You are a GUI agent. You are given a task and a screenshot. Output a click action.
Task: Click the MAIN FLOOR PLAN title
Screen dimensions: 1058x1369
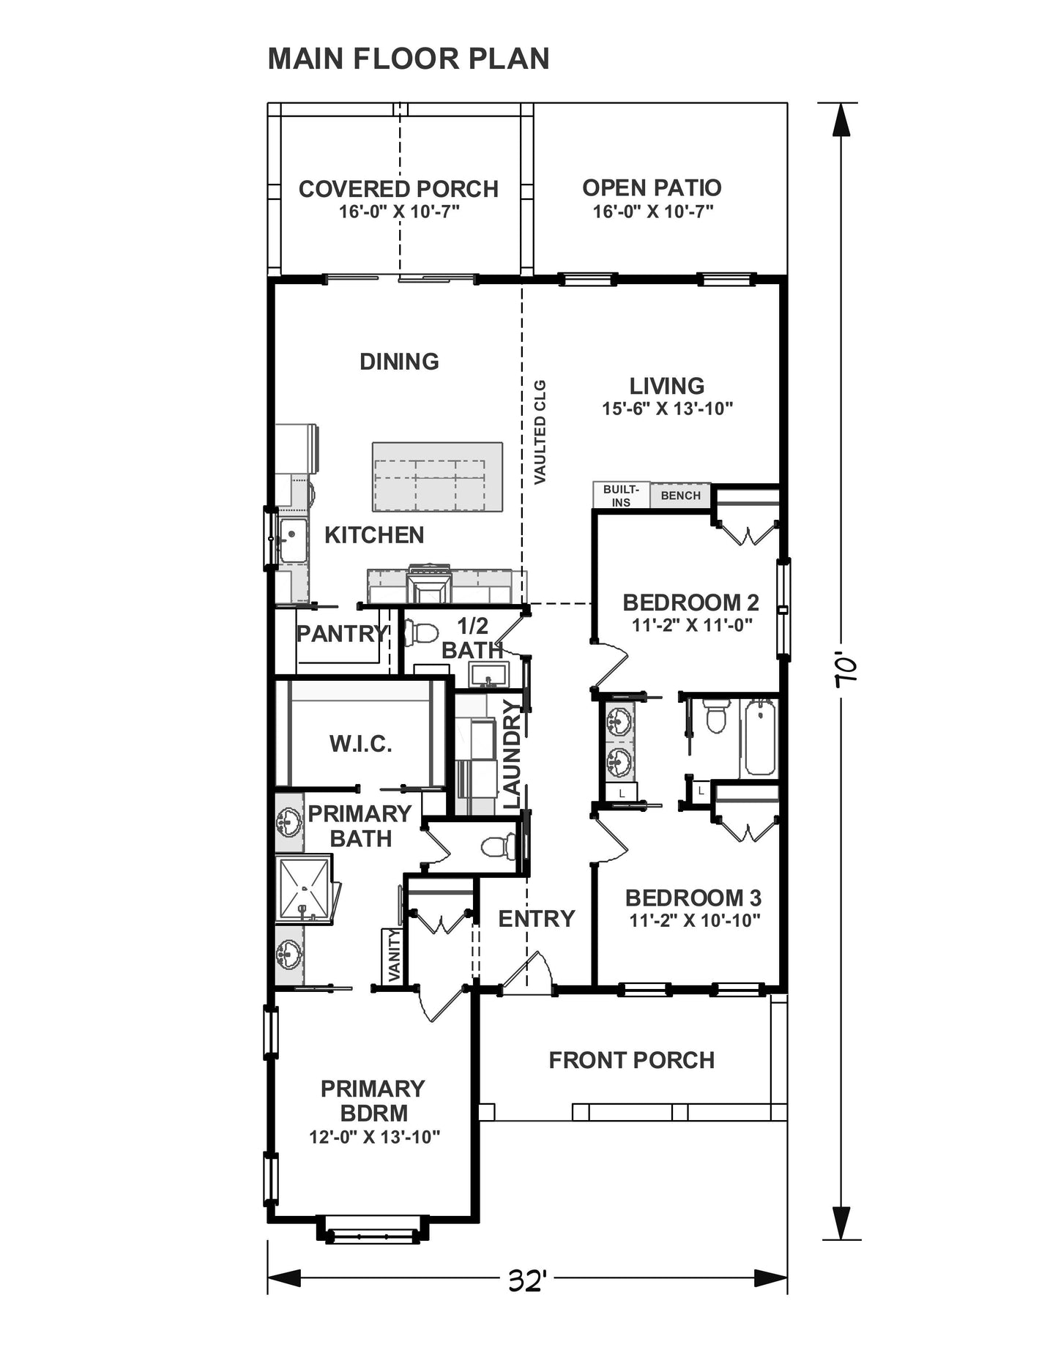click(409, 59)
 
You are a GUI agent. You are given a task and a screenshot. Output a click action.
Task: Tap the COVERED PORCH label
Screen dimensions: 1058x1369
click(398, 189)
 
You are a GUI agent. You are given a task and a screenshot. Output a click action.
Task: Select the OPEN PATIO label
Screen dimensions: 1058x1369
click(652, 187)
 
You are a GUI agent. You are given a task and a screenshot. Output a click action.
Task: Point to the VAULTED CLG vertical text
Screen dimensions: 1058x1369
click(540, 432)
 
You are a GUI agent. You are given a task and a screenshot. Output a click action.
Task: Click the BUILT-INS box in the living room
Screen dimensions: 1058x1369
click(621, 496)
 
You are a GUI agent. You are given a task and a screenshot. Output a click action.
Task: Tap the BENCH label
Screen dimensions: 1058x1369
click(680, 496)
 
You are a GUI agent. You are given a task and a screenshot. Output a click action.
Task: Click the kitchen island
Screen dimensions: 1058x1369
click(437, 477)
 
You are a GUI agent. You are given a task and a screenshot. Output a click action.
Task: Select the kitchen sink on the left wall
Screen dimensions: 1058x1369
click(293, 540)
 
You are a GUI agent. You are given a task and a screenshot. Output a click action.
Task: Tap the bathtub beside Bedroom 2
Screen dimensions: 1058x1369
click(760, 737)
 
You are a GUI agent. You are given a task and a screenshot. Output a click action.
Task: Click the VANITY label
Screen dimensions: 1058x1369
click(394, 956)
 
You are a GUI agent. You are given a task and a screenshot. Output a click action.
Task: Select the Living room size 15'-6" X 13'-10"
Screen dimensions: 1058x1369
click(667, 409)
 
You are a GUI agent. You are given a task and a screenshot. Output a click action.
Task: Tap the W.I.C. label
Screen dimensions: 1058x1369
click(360, 744)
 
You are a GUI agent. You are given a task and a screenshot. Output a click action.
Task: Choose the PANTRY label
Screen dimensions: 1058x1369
click(342, 633)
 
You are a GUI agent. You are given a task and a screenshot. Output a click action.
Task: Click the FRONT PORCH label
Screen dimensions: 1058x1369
click(632, 1060)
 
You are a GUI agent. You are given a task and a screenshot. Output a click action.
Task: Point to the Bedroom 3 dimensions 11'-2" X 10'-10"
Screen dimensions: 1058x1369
click(695, 920)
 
